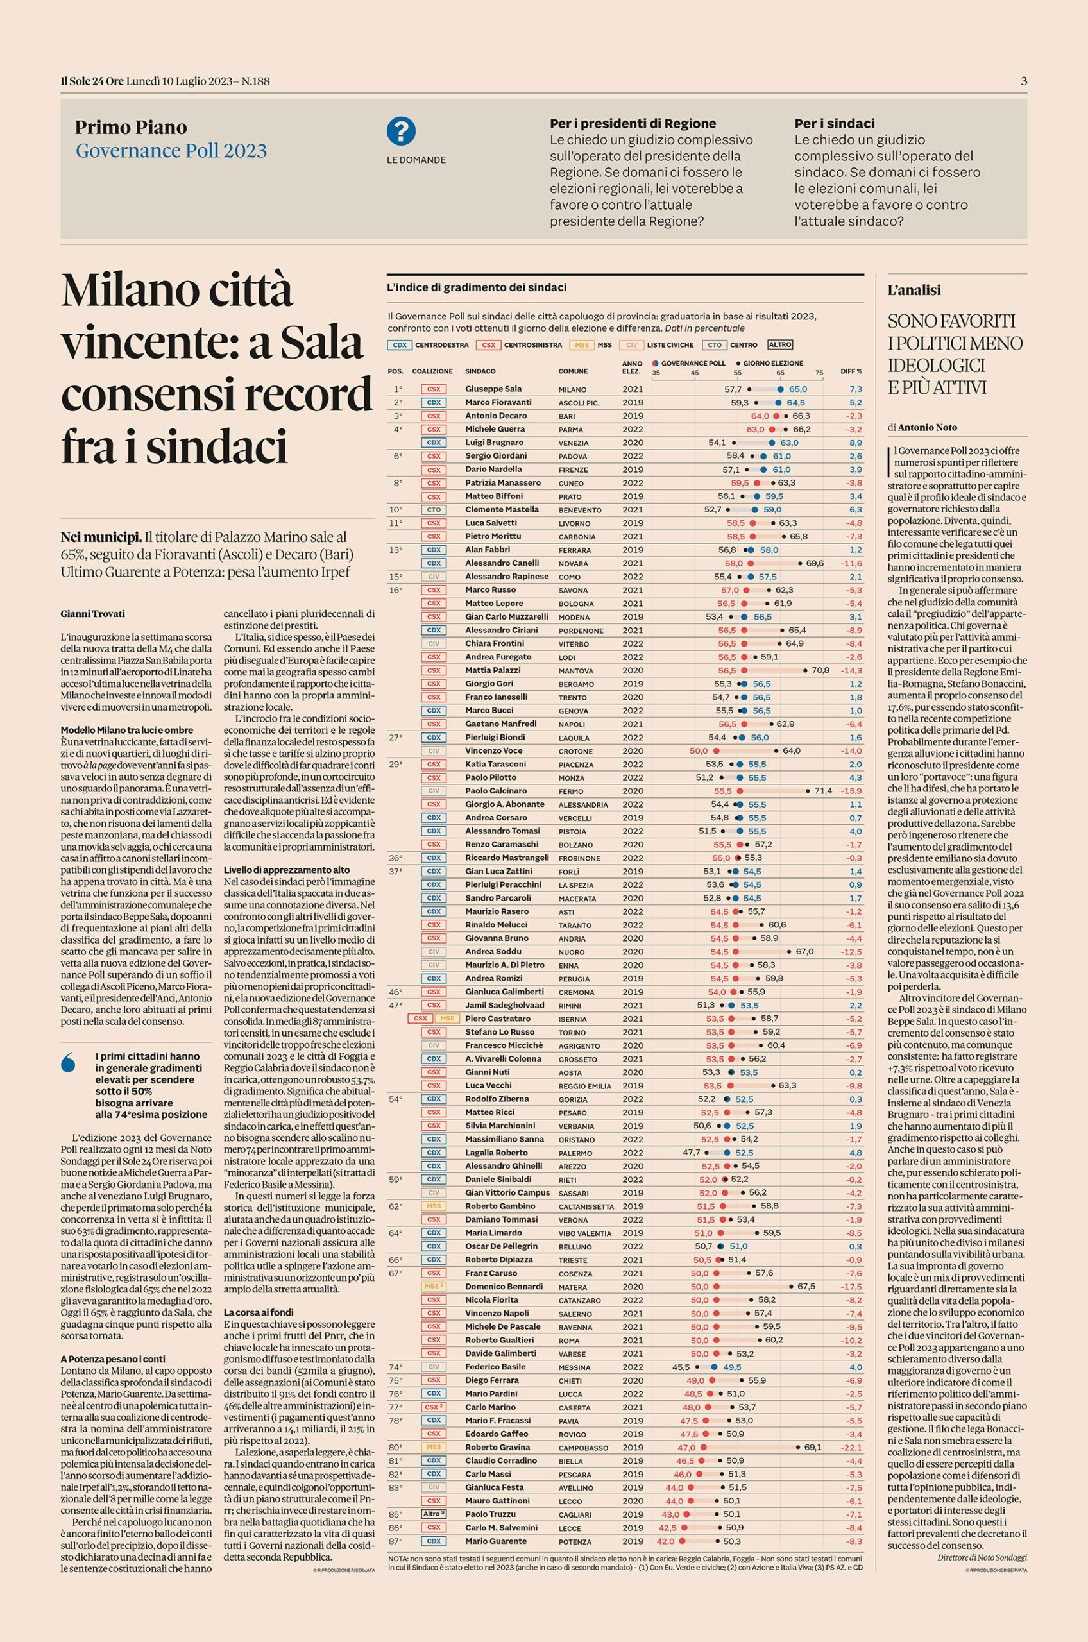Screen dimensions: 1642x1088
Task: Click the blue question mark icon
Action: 401,131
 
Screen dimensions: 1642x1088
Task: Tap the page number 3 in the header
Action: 1023,81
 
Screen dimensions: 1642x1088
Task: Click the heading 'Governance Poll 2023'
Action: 171,151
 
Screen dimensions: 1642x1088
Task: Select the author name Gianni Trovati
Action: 92,613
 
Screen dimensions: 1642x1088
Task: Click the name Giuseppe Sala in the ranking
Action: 493,389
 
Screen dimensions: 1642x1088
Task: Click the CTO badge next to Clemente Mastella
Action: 433,510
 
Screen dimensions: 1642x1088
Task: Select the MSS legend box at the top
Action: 581,345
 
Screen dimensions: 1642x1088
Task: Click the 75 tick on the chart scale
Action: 819,373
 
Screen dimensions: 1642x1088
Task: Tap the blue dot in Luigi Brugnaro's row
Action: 775,443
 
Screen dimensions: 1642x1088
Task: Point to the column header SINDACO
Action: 480,371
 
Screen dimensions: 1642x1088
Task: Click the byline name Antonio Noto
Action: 926,427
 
